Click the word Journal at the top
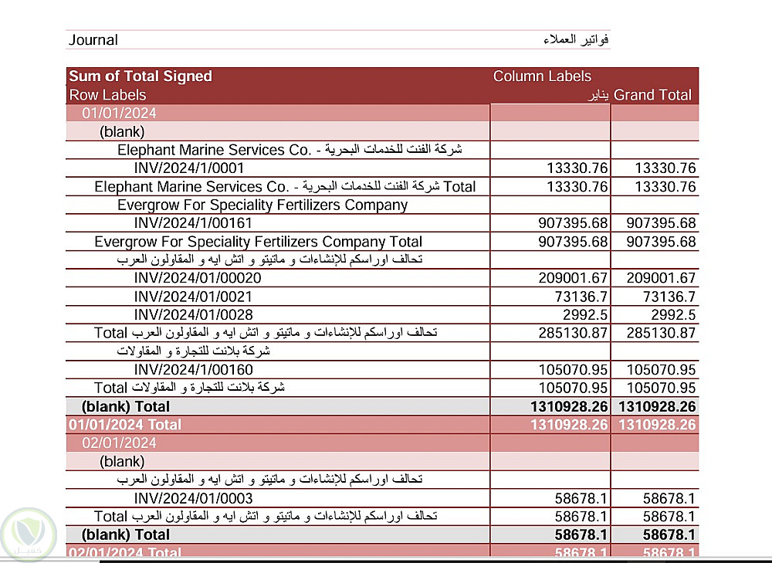pyautogui.click(x=93, y=40)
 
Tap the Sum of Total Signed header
pyautogui.click(x=141, y=76)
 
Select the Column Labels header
pyautogui.click(x=542, y=76)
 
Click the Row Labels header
pyautogui.click(x=107, y=95)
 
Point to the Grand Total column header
pyautogui.click(x=652, y=95)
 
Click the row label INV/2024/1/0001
pyautogui.click(x=189, y=168)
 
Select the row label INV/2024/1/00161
pyautogui.click(x=193, y=223)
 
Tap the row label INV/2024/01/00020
pyautogui.click(x=198, y=278)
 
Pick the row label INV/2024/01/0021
pyautogui.click(x=193, y=297)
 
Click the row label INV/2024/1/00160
pyautogui.click(x=193, y=370)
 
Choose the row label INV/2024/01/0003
pyautogui.click(x=193, y=499)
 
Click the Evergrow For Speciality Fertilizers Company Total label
pyautogui.click(x=258, y=242)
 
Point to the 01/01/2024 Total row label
pyautogui.click(x=125, y=425)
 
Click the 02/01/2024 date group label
pyautogui.click(x=120, y=443)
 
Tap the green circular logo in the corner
pyautogui.click(x=27, y=532)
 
